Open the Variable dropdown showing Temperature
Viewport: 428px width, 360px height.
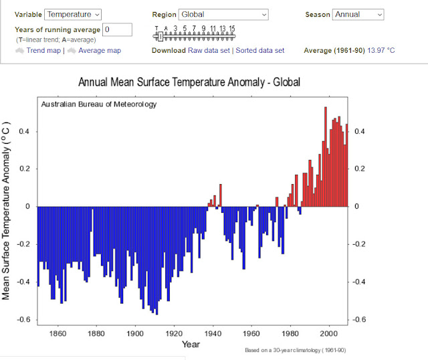pyautogui.click(x=72, y=14)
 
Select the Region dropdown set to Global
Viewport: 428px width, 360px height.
pyautogui.click(x=223, y=14)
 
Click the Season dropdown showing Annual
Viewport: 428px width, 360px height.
pyautogui.click(x=358, y=14)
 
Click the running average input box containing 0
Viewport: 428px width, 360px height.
pyautogui.click(x=118, y=29)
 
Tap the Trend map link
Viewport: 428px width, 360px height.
pyautogui.click(x=43, y=51)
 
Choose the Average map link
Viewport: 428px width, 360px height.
pyautogui.click(x=100, y=51)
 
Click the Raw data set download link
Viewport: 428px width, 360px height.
pyautogui.click(x=209, y=51)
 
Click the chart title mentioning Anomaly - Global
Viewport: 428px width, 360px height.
pyautogui.click(x=189, y=83)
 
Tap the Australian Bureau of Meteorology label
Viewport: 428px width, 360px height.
pyautogui.click(x=98, y=104)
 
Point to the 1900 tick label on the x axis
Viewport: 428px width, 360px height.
pyautogui.click(x=135, y=333)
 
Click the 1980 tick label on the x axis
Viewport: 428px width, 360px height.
pyautogui.click(x=290, y=333)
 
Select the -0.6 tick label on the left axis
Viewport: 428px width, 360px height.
pyautogui.click(x=25, y=319)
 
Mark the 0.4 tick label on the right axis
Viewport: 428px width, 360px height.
pyautogui.click(x=359, y=131)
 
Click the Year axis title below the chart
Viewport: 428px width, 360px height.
pyautogui.click(x=191, y=344)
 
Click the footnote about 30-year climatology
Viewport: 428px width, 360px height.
pyautogui.click(x=296, y=351)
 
